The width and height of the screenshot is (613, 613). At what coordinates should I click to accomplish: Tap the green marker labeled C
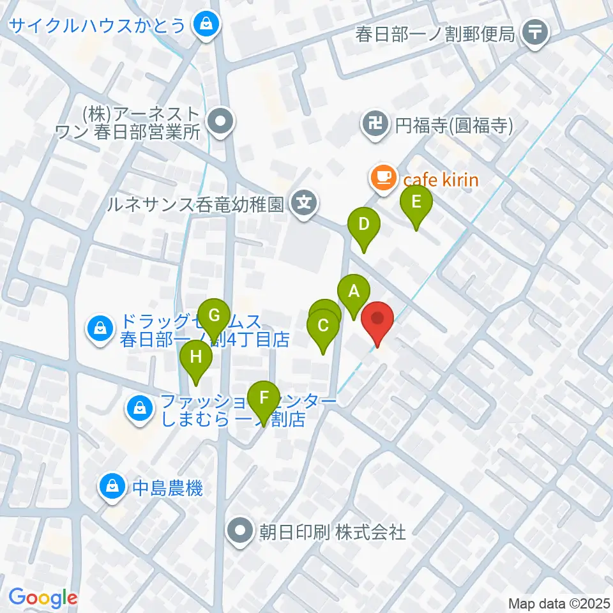323,326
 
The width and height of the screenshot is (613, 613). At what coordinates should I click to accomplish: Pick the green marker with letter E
416,202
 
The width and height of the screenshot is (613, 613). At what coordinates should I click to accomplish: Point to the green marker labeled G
215,315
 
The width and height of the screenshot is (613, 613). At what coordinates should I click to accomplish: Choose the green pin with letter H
196,357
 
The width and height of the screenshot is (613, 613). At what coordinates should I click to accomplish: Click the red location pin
377,317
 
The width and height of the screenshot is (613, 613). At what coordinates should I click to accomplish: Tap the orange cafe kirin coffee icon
382,178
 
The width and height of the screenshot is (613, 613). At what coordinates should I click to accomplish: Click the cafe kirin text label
440,179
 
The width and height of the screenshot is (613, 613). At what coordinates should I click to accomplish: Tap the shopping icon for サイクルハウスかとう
206,26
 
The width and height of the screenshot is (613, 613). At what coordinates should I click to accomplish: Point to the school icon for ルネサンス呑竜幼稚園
305,204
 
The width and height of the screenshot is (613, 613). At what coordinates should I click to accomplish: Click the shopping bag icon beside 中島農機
112,488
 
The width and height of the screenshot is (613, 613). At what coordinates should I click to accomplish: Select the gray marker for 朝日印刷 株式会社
241,530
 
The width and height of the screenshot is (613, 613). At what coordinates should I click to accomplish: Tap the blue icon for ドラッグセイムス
100,329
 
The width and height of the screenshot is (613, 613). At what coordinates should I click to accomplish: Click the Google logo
43,598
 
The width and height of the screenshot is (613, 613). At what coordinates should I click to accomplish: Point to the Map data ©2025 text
559,603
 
